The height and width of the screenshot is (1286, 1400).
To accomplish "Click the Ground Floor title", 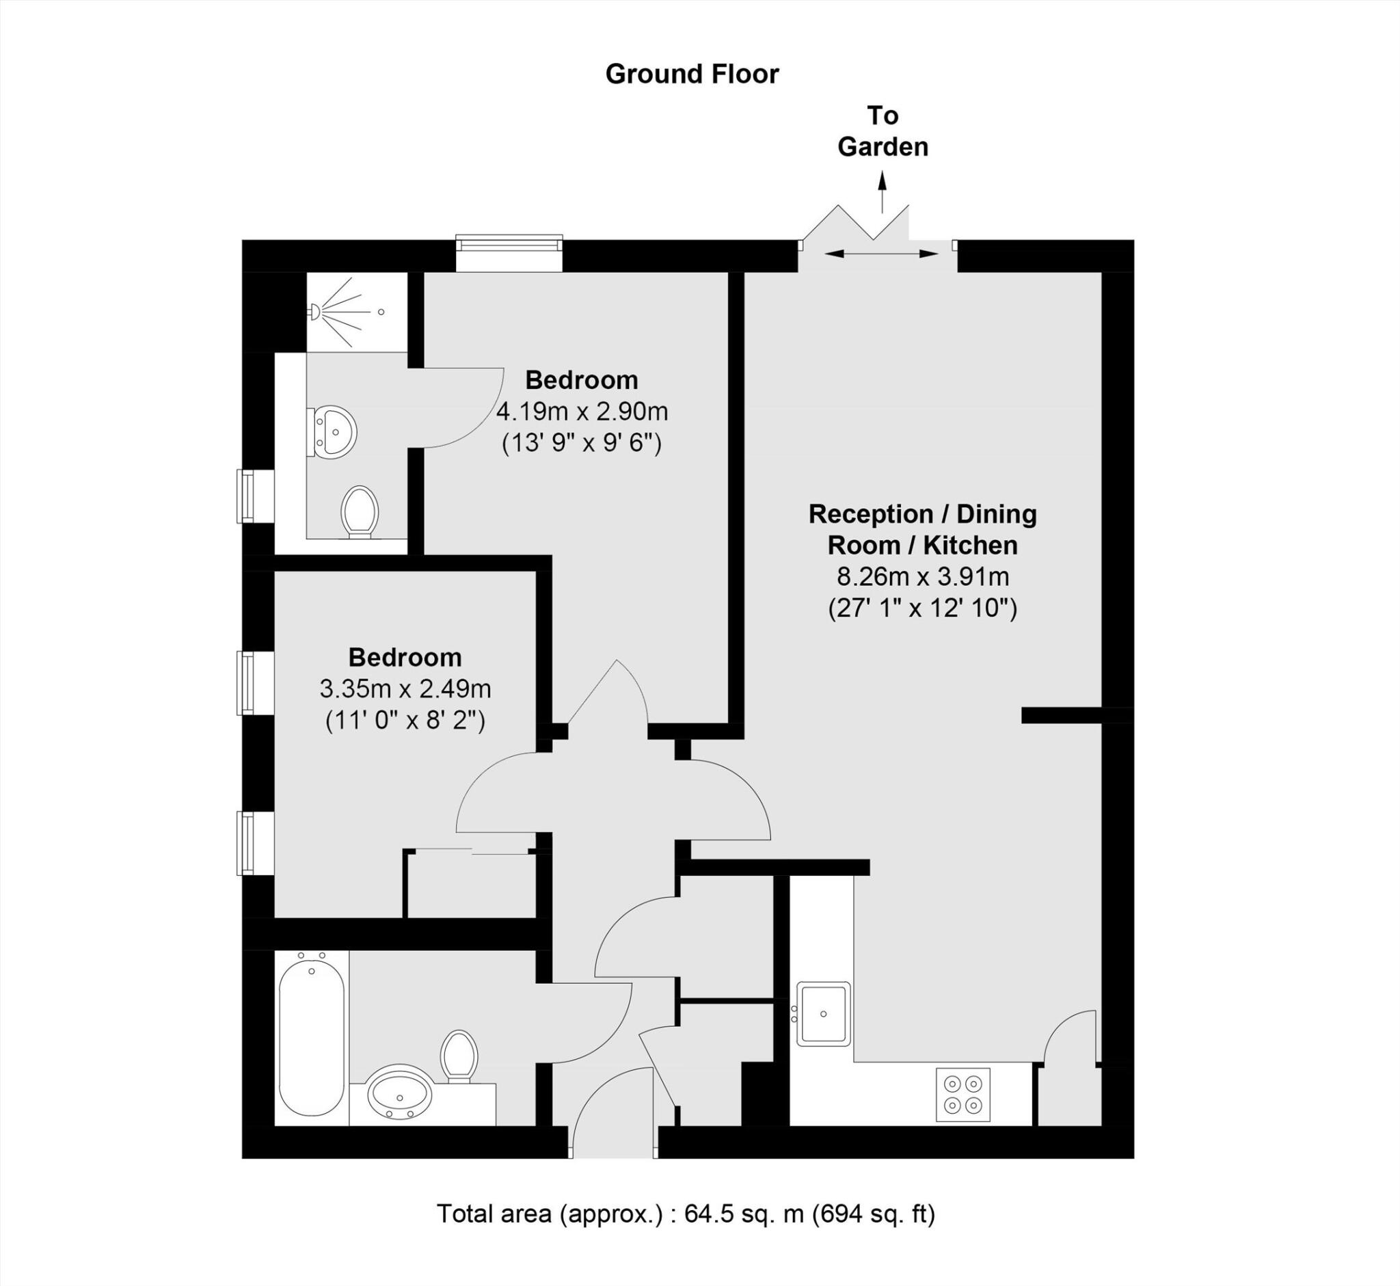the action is (692, 74).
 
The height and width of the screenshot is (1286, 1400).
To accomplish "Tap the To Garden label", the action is (883, 131).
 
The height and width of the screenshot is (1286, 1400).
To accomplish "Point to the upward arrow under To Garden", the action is (883, 192).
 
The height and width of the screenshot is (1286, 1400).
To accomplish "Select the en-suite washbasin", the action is (332, 432).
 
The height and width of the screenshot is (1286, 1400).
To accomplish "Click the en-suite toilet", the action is (360, 512).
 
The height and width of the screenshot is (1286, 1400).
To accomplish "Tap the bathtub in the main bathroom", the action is (312, 1039).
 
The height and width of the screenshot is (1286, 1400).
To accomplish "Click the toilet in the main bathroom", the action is (459, 1056).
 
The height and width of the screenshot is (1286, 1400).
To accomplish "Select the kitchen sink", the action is (823, 1013).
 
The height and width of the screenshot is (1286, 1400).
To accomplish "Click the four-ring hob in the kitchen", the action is (963, 1095).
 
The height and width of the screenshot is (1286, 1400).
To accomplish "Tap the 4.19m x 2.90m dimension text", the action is (582, 412).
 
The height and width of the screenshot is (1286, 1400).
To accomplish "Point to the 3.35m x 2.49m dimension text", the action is (405, 689).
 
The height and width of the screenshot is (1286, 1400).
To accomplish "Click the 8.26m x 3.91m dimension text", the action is (923, 576).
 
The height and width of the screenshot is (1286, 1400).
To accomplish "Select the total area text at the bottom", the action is (686, 1214).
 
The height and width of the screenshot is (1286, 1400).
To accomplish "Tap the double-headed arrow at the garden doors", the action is (882, 253).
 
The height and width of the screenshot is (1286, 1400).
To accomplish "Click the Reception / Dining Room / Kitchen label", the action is (923, 529).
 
